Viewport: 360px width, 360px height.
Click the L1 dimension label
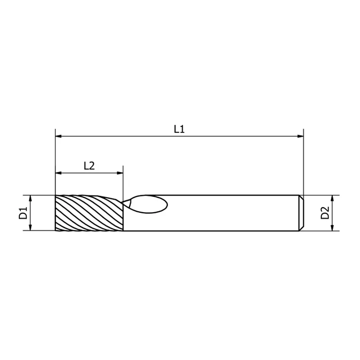click(x=179, y=129)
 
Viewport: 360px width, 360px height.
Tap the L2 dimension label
click(x=89, y=165)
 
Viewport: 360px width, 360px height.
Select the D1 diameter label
click(x=23, y=213)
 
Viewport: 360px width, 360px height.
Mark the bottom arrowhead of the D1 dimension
click(x=31, y=228)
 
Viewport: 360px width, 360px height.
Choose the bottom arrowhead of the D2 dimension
click(x=333, y=228)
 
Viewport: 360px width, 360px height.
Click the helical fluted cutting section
click(x=89, y=213)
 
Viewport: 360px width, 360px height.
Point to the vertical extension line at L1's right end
click(x=304, y=162)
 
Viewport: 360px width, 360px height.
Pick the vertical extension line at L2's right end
click(x=123, y=185)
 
